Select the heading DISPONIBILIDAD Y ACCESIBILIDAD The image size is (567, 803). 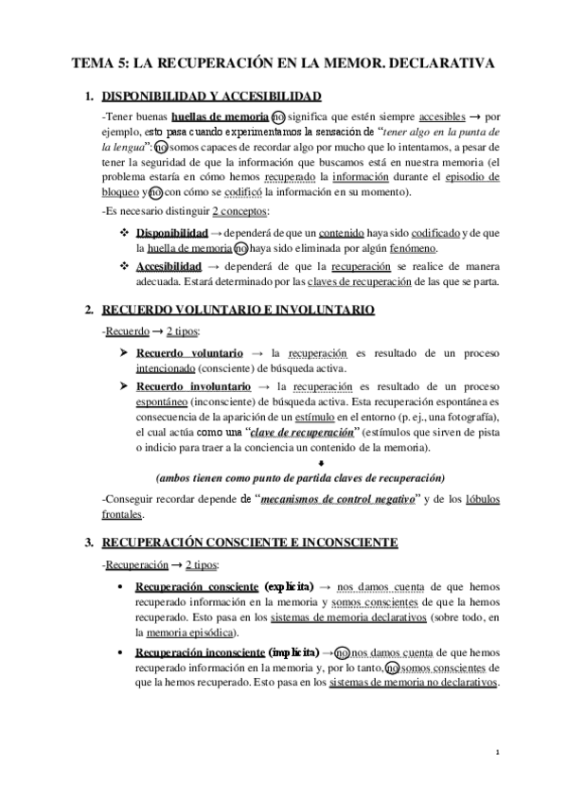click(211, 96)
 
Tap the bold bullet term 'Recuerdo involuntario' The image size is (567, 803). click(193, 386)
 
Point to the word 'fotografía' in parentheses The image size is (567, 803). click(472, 418)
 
